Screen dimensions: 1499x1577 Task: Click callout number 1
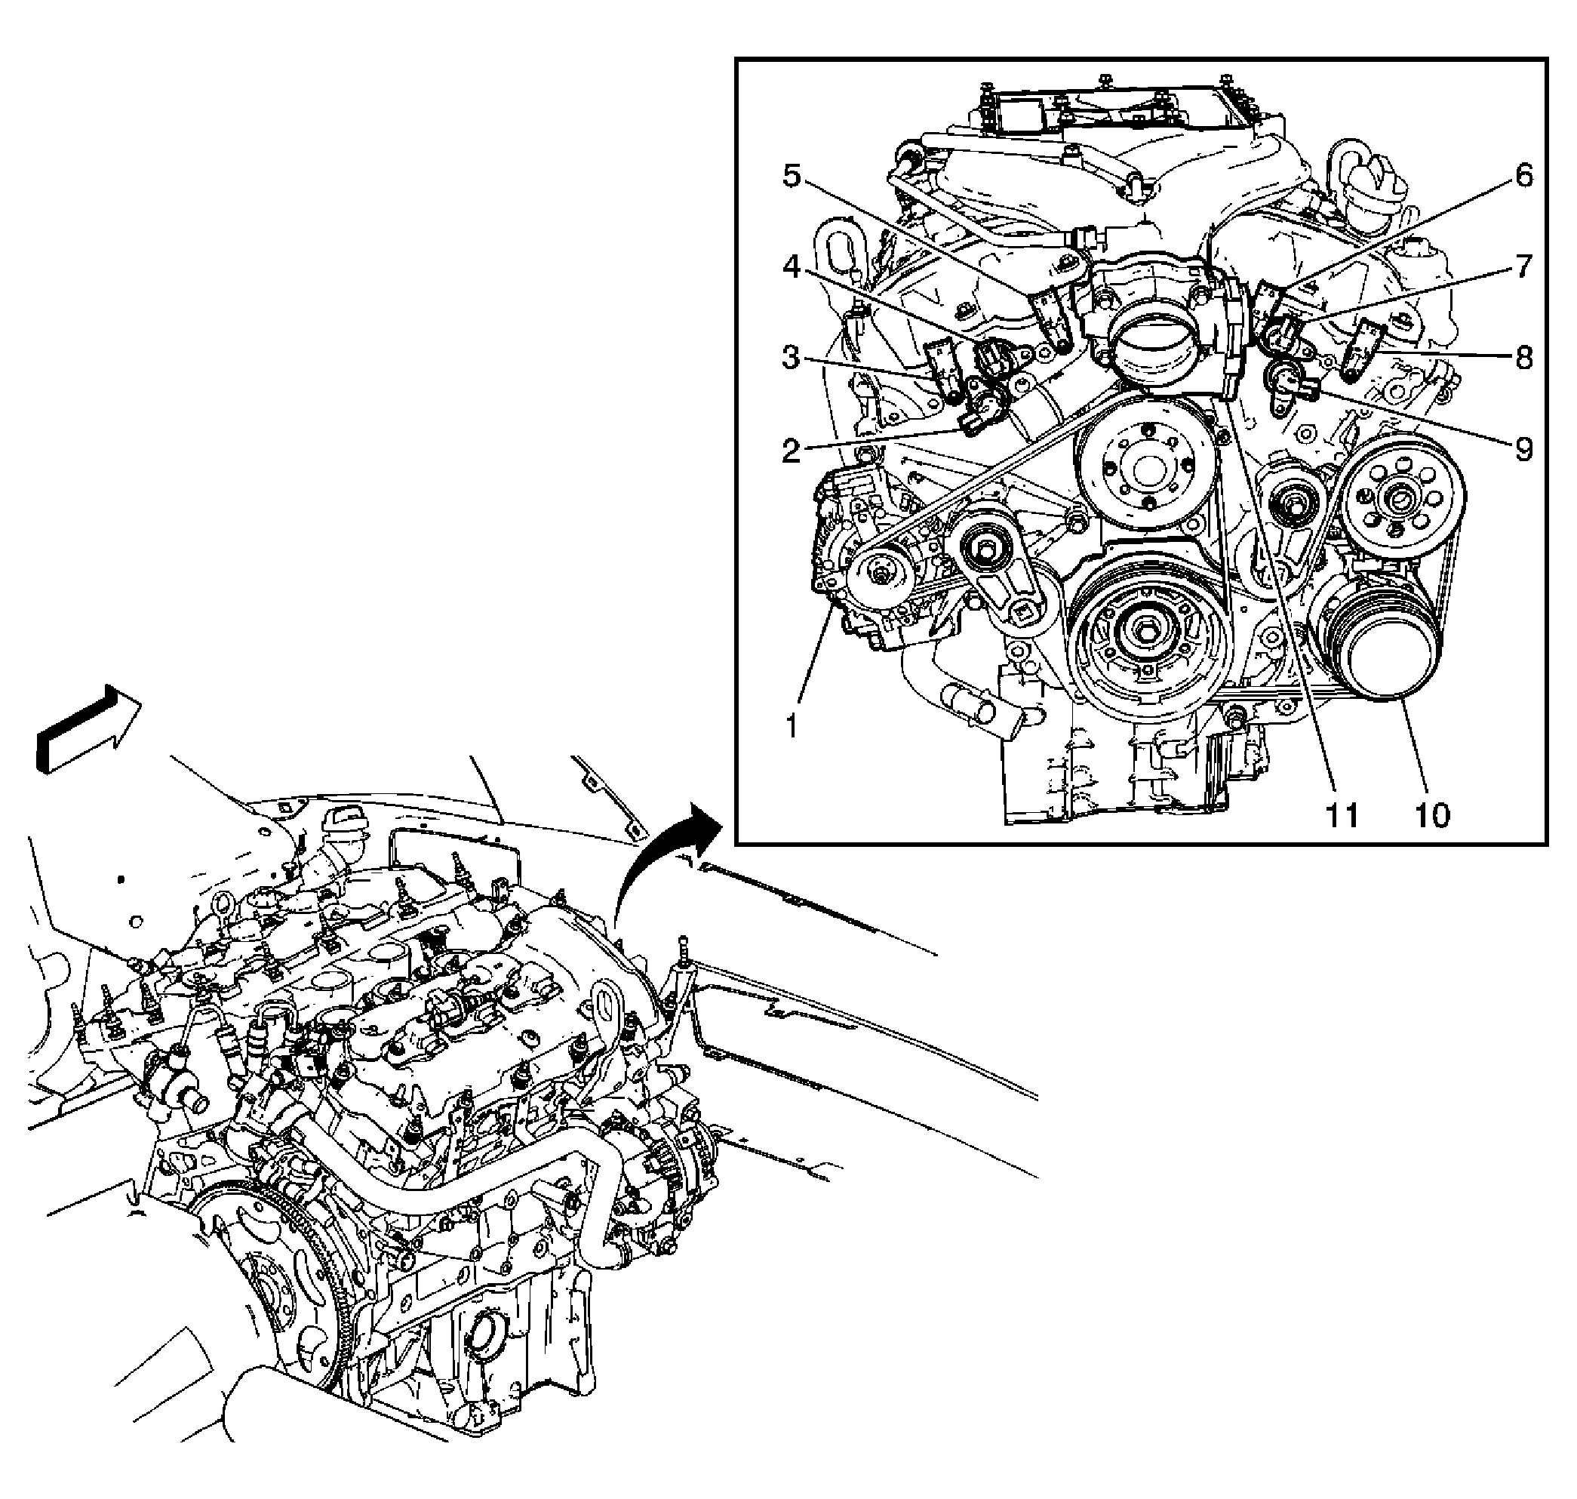pyautogui.click(x=791, y=726)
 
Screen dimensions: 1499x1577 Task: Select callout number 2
pyautogui.click(x=791, y=451)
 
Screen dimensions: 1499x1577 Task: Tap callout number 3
pyautogui.click(x=791, y=357)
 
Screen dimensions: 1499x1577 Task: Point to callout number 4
pyautogui.click(x=791, y=267)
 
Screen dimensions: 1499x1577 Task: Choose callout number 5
pyautogui.click(x=791, y=175)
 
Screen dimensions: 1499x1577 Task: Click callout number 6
pyautogui.click(x=1523, y=175)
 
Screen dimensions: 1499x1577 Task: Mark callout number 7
pyautogui.click(x=1523, y=267)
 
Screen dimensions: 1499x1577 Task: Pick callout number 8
pyautogui.click(x=1523, y=357)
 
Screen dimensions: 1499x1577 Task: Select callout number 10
pyautogui.click(x=1431, y=815)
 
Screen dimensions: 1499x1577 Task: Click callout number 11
pyautogui.click(x=1342, y=815)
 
